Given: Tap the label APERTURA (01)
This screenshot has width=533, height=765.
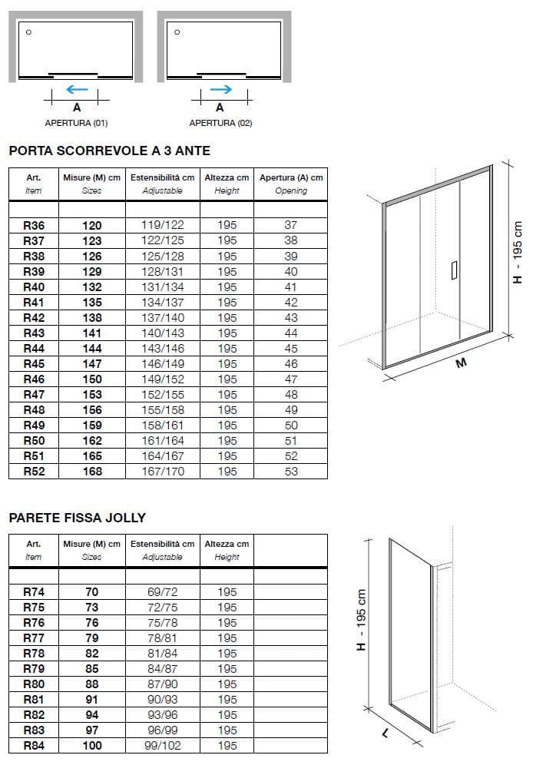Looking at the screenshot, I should pos(77,123).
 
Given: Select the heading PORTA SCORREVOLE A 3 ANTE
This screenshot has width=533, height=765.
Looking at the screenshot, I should pos(109,151).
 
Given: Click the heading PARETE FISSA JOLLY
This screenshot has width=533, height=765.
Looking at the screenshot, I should pos(77,518).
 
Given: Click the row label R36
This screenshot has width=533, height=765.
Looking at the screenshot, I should pos(34,226).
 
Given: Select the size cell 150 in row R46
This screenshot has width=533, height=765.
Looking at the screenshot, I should pos(92,379).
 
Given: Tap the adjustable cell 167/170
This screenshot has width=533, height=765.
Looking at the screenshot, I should pos(163,472).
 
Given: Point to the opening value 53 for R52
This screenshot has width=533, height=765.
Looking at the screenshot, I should pos(291,472).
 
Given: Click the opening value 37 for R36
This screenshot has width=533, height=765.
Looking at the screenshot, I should pos(291,226).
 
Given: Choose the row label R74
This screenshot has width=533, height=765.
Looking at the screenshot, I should pos(34,592).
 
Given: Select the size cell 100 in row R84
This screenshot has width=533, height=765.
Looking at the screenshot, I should pos(92,746).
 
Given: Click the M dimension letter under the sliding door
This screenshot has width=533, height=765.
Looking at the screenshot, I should pos(461,363).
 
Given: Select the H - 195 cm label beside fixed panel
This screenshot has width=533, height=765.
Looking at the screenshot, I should pos(362,618).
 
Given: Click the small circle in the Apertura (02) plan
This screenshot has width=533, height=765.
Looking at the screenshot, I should pos(177,32).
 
